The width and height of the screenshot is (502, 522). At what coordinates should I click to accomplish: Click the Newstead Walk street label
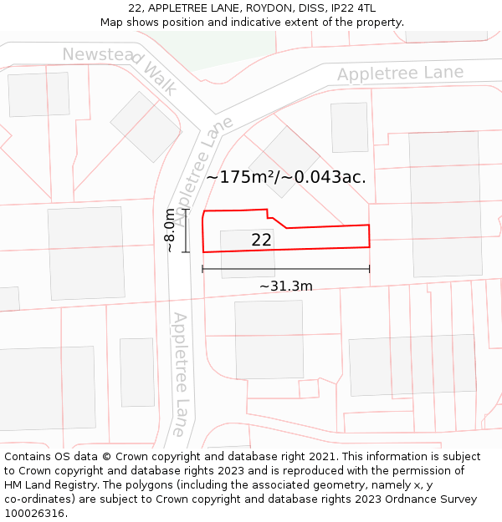click(120, 69)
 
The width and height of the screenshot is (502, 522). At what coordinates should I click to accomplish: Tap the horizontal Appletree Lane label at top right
click(400, 73)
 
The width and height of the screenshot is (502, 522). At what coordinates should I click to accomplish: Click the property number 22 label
click(261, 241)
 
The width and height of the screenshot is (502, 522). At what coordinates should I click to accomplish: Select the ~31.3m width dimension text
click(285, 286)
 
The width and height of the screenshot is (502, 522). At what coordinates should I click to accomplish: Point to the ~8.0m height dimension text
click(170, 230)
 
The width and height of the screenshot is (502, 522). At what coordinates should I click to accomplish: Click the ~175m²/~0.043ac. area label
click(286, 177)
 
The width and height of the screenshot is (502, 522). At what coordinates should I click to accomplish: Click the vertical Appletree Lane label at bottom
click(179, 375)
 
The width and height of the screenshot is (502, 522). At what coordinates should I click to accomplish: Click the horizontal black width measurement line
click(285, 269)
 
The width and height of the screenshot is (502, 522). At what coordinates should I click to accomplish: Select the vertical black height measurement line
click(187, 230)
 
